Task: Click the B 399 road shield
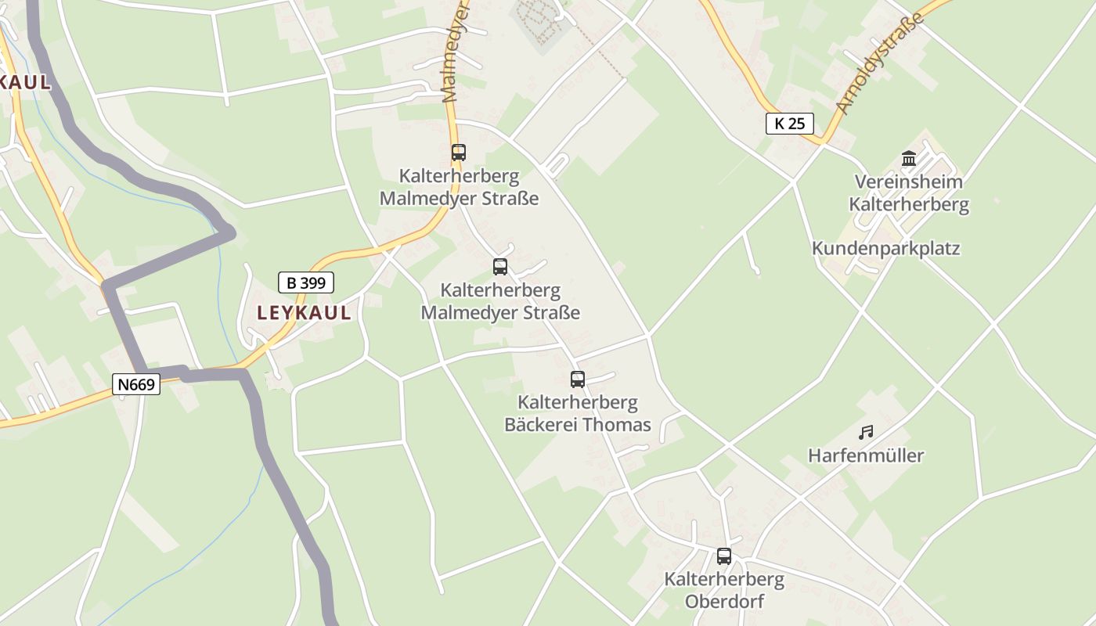click(x=306, y=282)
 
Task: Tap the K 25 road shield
click(x=790, y=123)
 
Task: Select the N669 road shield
click(x=137, y=384)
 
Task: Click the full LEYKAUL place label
click(x=304, y=313)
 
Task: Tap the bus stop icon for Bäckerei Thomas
click(x=578, y=380)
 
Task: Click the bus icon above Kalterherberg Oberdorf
click(x=724, y=556)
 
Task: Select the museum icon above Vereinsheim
click(x=909, y=159)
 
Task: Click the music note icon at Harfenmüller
click(x=866, y=432)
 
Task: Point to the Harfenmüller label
click(x=866, y=455)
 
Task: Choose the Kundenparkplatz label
click(x=885, y=249)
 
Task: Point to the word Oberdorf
click(x=724, y=601)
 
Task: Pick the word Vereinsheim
click(x=908, y=182)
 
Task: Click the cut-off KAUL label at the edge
click(x=25, y=82)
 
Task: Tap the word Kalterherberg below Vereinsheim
click(x=909, y=205)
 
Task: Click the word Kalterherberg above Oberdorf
click(x=724, y=579)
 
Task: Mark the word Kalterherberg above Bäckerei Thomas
click(x=578, y=403)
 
